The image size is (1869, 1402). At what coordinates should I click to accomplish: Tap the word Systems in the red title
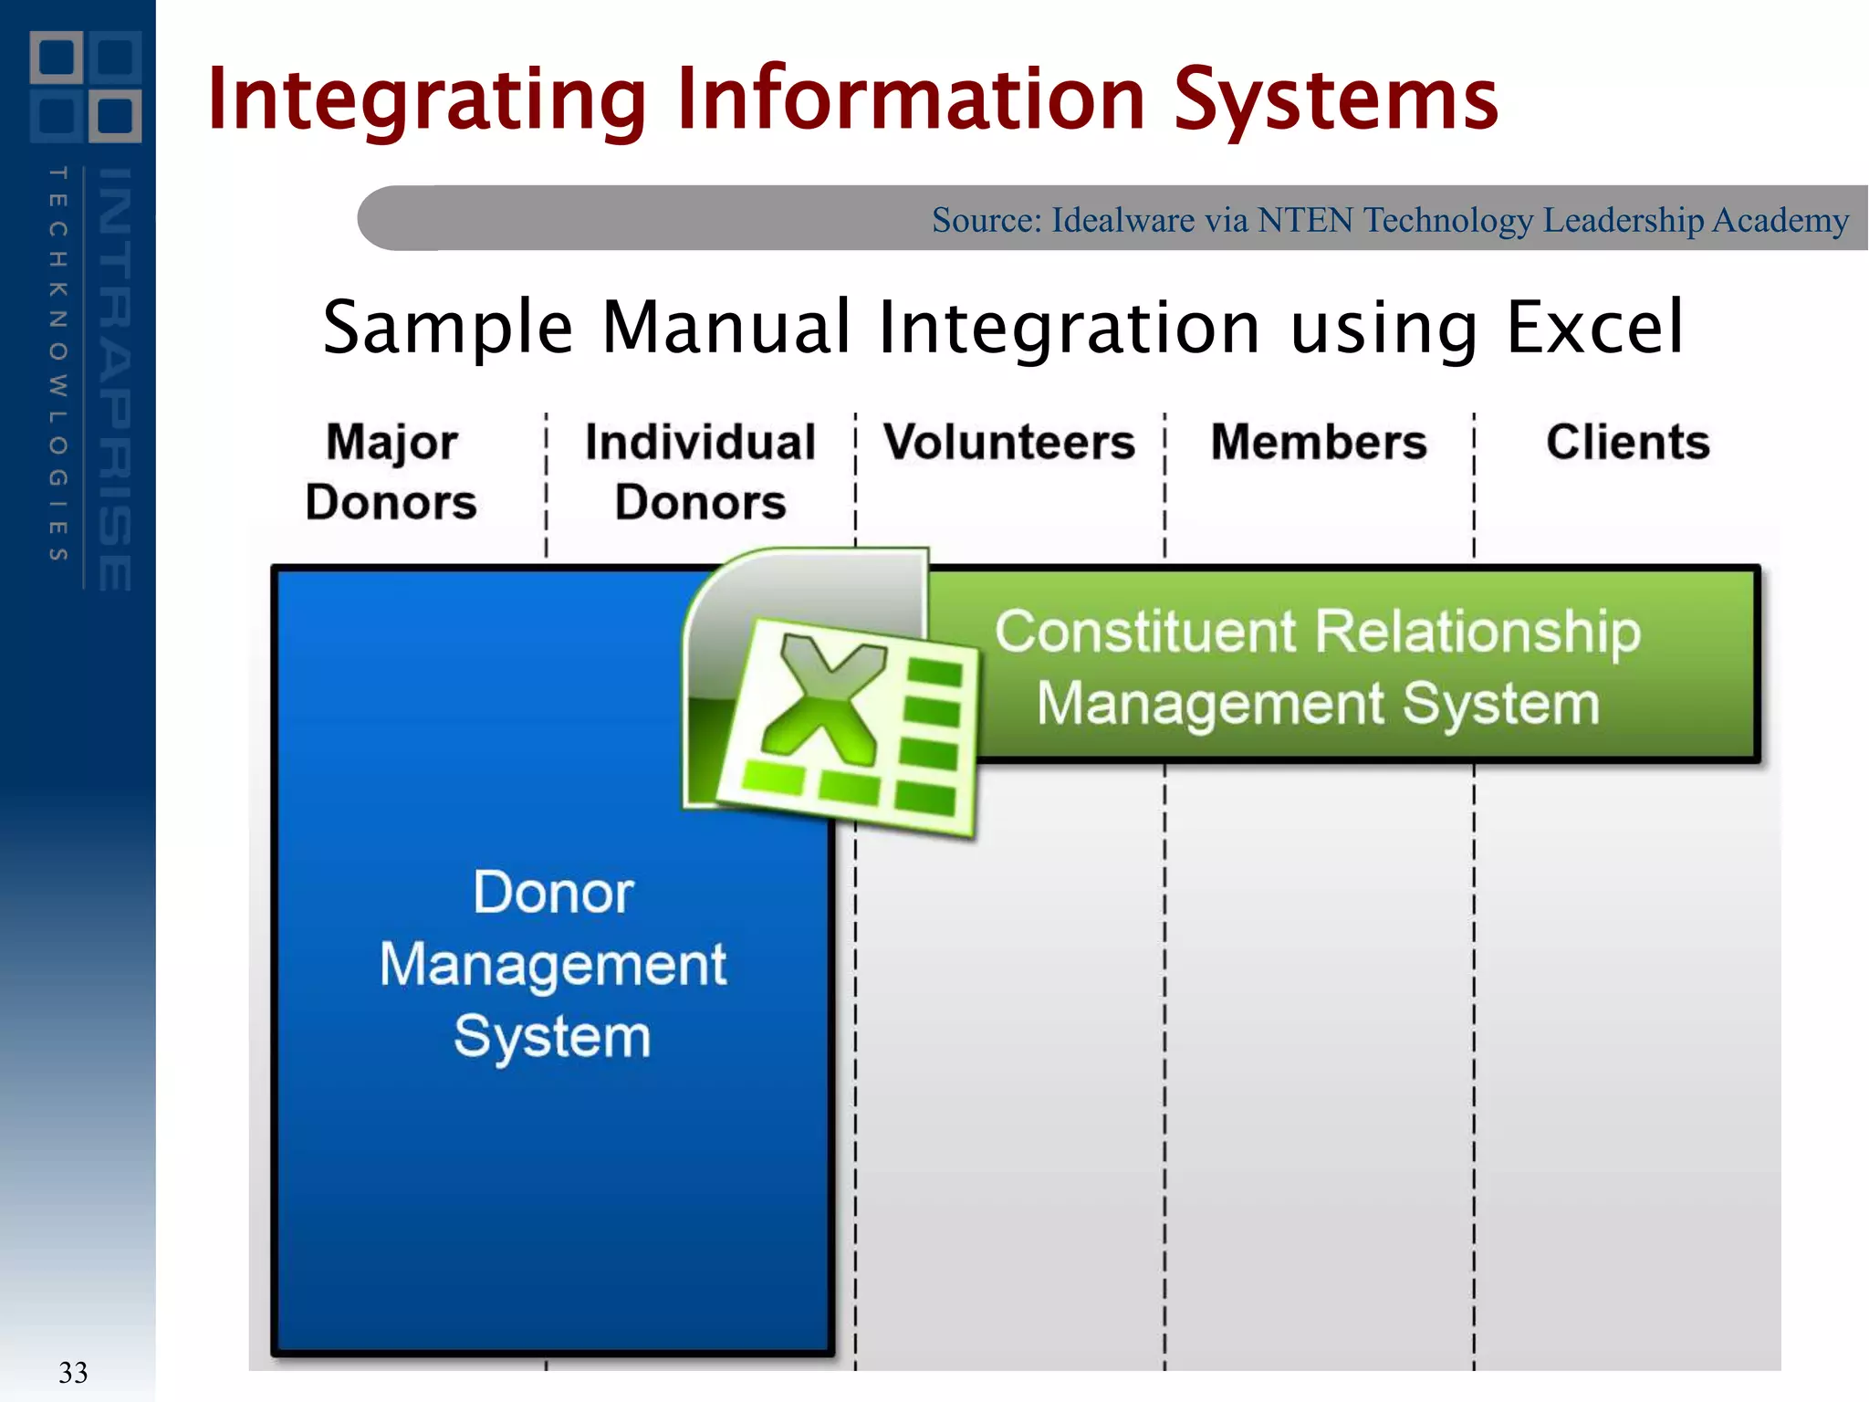[x=1334, y=100]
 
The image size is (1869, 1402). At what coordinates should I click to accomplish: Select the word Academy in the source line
[x=1780, y=220]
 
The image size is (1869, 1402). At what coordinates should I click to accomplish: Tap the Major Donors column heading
[x=392, y=472]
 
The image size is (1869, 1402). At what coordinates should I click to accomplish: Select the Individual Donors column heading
[x=700, y=472]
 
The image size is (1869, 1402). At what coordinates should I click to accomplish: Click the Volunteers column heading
[x=1009, y=443]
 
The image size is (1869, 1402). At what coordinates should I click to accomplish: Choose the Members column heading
[x=1319, y=443]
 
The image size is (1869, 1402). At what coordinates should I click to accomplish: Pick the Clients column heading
[x=1627, y=443]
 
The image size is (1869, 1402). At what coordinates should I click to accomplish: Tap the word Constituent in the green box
[x=1145, y=632]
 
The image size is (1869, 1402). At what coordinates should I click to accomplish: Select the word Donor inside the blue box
[x=553, y=893]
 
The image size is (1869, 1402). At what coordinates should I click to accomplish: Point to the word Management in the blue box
[x=553, y=966]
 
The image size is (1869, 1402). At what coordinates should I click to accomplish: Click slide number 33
[x=73, y=1372]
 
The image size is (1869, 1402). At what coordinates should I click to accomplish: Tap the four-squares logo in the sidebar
[x=86, y=87]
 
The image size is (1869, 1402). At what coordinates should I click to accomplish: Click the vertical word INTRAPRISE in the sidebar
[x=115, y=379]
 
